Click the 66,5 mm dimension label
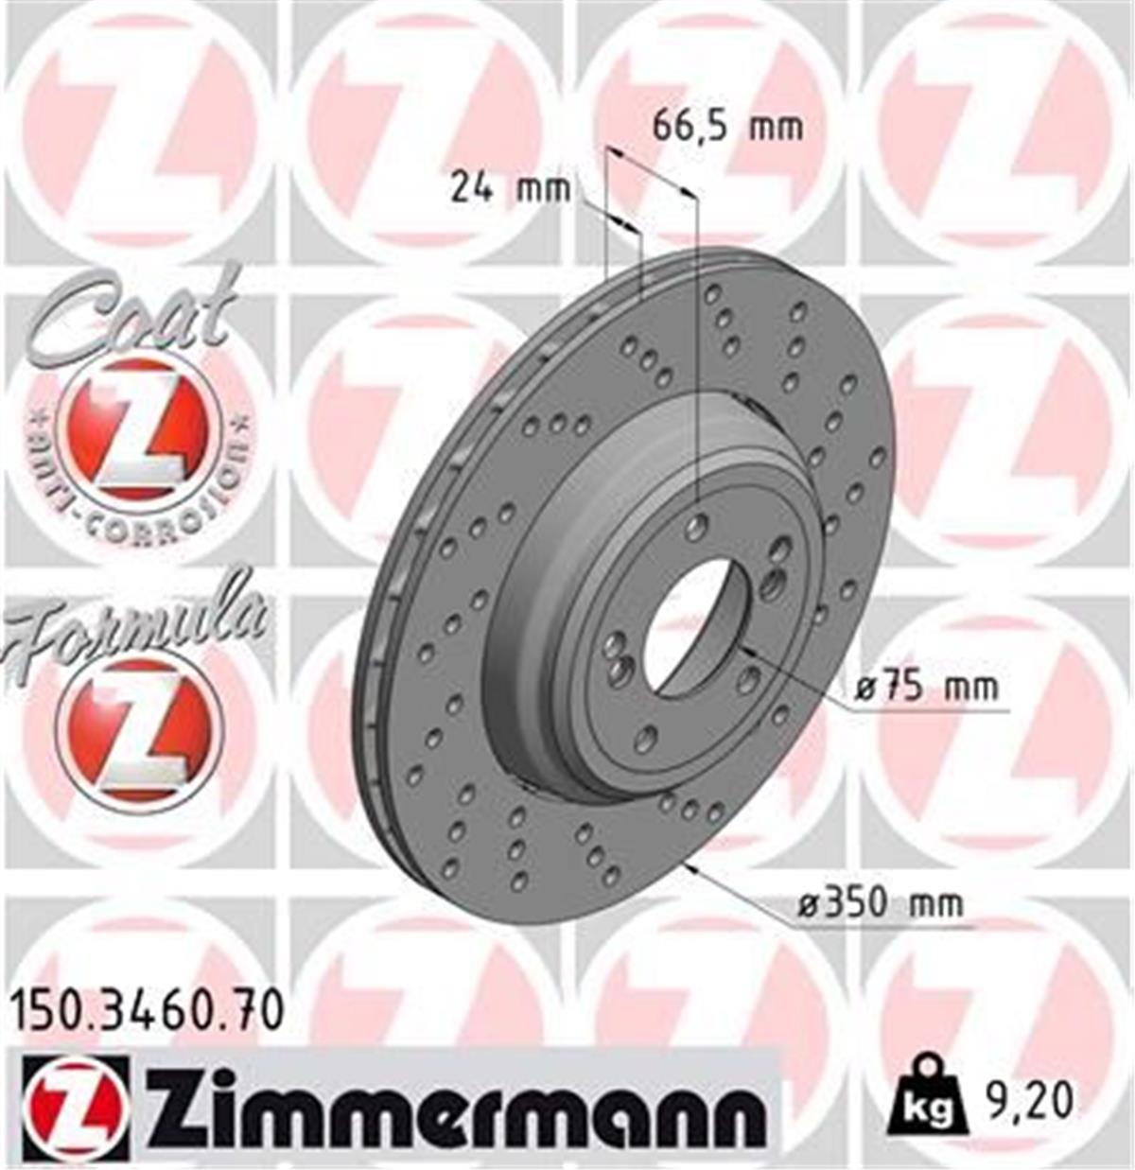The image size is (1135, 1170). (727, 127)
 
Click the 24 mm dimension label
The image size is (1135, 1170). (510, 188)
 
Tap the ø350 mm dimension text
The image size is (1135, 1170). (880, 903)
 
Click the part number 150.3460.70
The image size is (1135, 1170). (147, 1010)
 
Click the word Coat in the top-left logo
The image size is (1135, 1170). (132, 312)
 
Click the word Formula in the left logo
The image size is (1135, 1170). (132, 620)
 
